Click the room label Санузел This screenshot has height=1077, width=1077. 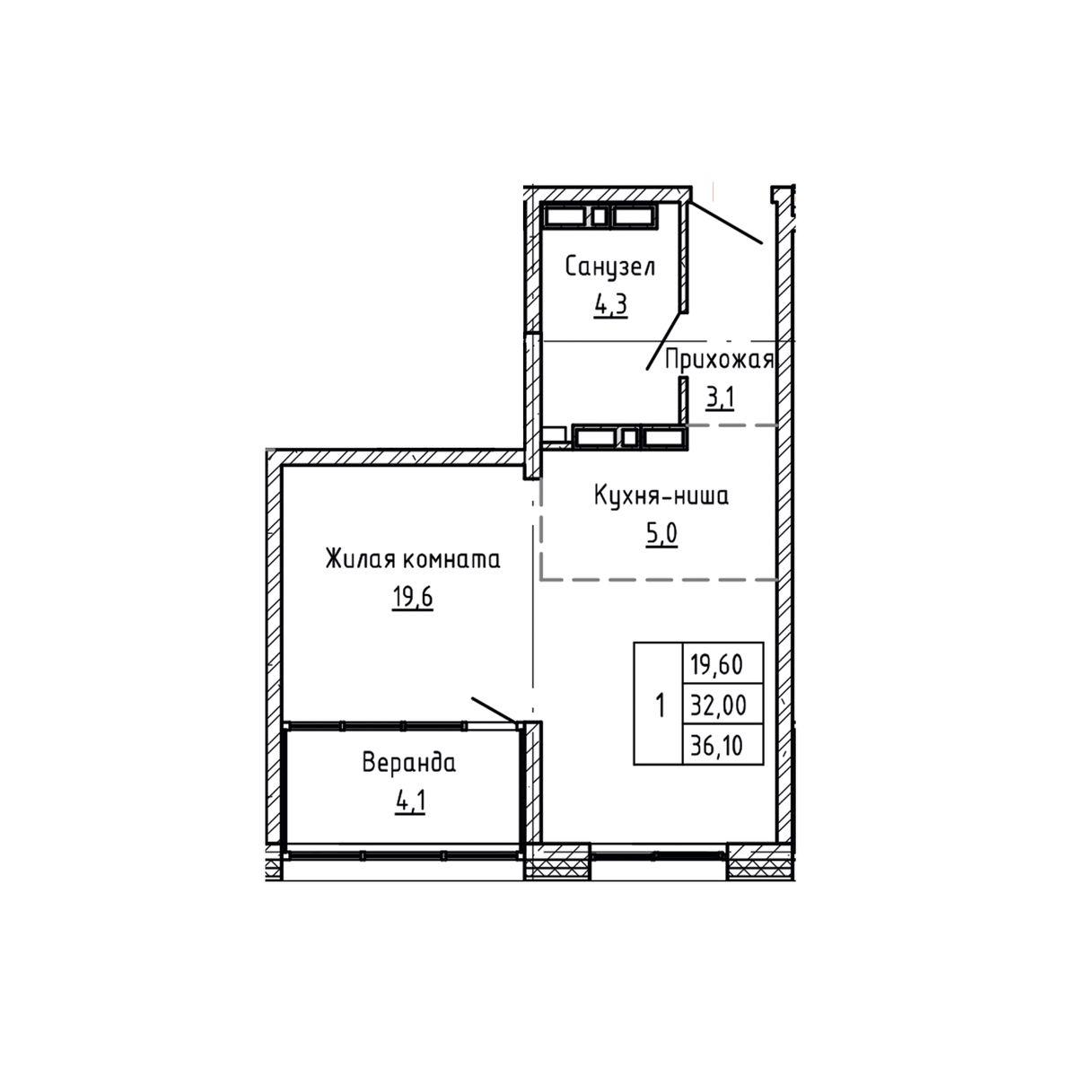609,267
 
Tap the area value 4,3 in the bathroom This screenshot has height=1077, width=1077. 610,305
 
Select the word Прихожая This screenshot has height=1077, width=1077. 719,361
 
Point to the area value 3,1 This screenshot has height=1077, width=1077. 719,398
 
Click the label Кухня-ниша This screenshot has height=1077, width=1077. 661,495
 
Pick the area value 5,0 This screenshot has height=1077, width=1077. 661,534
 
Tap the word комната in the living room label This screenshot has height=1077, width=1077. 451,559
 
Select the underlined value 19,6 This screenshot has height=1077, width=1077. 413,598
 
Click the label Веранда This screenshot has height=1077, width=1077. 409,763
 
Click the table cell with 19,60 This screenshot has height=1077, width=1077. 722,663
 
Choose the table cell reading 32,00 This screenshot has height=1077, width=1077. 722,705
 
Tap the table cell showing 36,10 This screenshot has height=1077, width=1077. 722,744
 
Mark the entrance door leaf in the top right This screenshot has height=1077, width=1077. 725,222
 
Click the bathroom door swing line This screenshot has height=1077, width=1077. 664,341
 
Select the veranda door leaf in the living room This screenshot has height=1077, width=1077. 494,710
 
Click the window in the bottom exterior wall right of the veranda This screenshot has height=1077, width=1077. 659,855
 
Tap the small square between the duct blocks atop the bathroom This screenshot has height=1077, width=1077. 599,216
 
